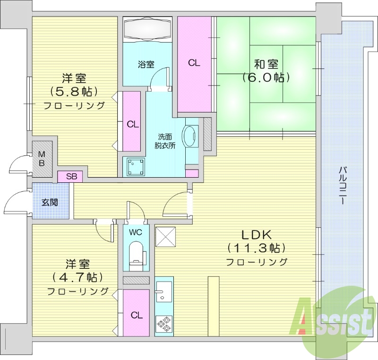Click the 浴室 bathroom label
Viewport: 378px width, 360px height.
146,65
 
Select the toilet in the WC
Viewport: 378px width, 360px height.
136,253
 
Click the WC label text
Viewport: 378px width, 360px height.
136,232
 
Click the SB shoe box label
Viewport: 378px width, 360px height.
71,177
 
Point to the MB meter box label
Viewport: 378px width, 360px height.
42,159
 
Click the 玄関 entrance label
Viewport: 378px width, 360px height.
49,203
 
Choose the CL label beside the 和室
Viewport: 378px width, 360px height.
194,63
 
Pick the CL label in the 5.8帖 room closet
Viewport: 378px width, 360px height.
133,124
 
